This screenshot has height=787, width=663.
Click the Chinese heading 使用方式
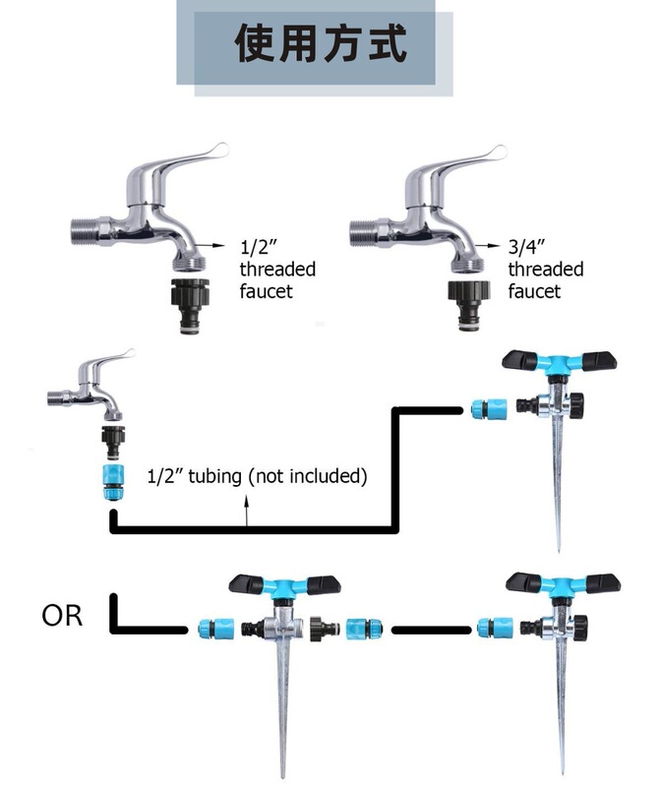[x=321, y=43]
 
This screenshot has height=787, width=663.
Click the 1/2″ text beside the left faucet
[x=259, y=247]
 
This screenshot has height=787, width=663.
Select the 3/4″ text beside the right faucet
[x=526, y=247]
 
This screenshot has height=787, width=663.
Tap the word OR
[x=62, y=616]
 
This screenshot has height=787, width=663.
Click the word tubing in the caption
[x=214, y=476]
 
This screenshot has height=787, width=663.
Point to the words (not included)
[x=308, y=476]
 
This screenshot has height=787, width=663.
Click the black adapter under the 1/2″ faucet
[x=190, y=306]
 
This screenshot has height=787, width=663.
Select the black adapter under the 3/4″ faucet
[x=468, y=305]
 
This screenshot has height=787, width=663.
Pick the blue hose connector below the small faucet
[x=113, y=482]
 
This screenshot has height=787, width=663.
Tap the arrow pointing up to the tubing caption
[x=247, y=511]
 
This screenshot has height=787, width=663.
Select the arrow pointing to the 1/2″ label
[x=210, y=245]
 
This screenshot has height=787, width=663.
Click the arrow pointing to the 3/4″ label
[x=487, y=246]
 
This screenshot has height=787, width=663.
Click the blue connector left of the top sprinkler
[x=489, y=409]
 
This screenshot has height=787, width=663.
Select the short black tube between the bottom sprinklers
[x=431, y=630]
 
